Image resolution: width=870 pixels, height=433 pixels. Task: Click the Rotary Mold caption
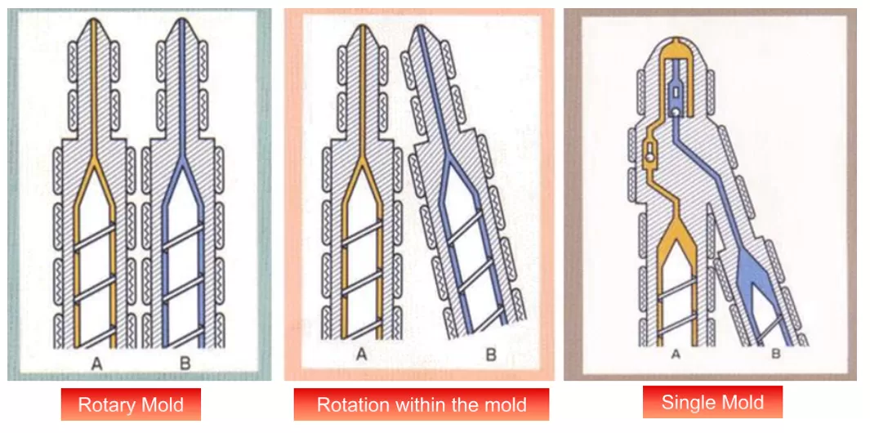(x=131, y=404)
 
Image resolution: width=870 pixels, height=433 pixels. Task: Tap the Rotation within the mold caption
(x=422, y=404)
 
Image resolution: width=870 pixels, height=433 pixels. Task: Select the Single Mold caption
(x=712, y=402)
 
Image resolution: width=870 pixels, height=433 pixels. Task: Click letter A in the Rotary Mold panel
(x=96, y=364)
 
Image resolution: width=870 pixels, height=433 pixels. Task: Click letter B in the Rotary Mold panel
(x=185, y=364)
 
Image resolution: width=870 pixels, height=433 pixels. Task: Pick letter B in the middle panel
(x=492, y=355)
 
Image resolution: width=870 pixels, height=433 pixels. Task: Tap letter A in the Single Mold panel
(x=676, y=355)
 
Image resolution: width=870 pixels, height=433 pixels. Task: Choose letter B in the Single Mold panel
(x=776, y=355)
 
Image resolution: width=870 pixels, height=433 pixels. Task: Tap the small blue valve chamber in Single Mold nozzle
(x=676, y=97)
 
